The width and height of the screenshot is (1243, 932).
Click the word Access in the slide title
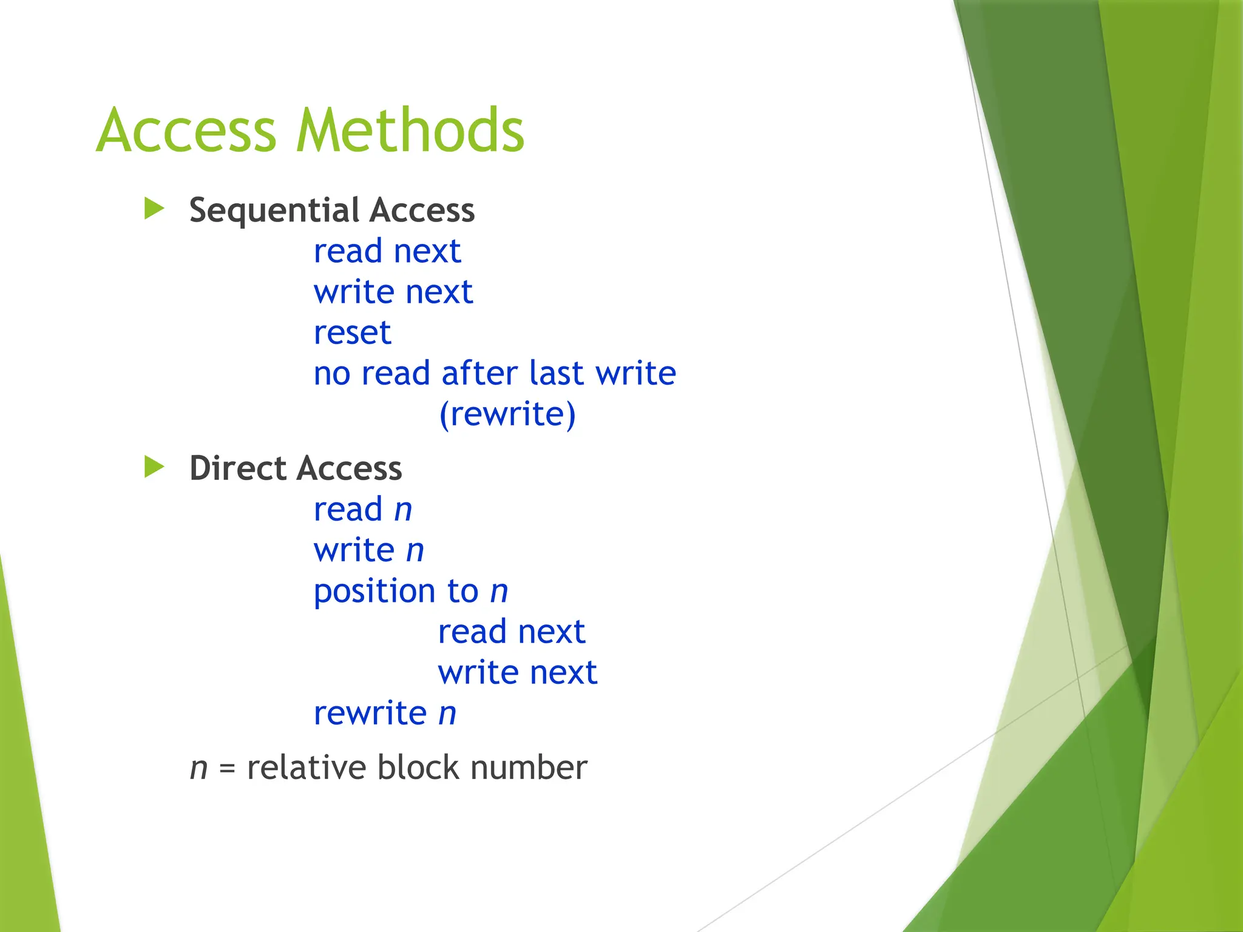coord(186,130)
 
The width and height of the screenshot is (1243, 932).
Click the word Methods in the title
coord(410,130)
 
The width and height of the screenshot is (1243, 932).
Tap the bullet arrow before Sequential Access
coord(154,209)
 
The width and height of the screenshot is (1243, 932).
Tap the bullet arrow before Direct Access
coord(154,467)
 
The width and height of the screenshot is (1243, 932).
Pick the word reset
coord(352,333)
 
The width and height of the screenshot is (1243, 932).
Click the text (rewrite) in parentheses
coord(507,414)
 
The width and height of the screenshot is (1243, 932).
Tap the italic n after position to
coord(499,592)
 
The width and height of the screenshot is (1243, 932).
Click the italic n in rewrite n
coord(447,714)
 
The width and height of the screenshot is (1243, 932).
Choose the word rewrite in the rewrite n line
coord(370,714)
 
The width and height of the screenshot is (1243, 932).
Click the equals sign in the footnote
coord(227,769)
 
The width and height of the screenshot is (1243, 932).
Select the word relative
coord(306,768)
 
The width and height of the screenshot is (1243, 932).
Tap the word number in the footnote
coord(529,768)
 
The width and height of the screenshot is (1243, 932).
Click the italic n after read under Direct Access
coord(403,510)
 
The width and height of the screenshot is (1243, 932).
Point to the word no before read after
coord(332,374)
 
